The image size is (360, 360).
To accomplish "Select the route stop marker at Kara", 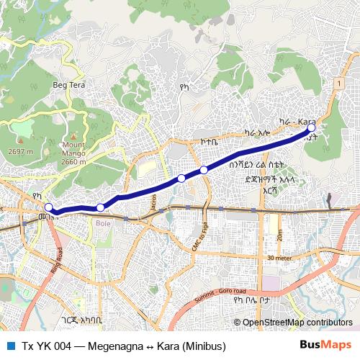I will pos(311,127).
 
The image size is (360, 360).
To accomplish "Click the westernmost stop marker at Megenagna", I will pos(48,207).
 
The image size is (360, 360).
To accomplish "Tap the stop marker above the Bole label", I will pos(101,207).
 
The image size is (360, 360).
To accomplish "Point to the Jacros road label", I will pos(153,202).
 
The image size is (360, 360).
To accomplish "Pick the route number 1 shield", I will pos(337,84).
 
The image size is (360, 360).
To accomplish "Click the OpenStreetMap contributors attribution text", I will pos(297,322).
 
